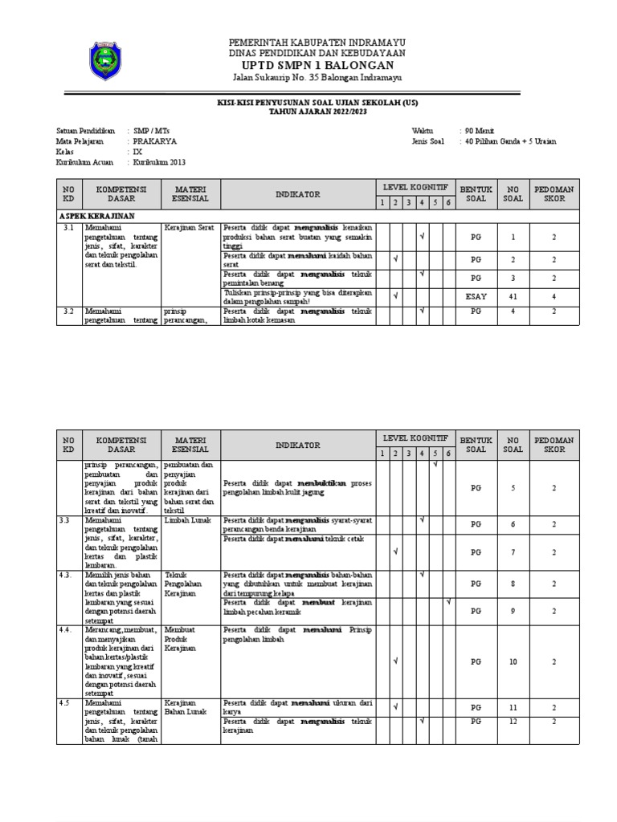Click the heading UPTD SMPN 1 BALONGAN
click(317, 65)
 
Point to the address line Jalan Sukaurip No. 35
click(317, 79)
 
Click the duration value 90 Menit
click(480, 130)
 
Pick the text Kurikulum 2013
click(165, 162)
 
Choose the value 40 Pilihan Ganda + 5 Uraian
click(509, 141)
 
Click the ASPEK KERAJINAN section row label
click(97, 217)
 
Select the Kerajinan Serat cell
click(190, 229)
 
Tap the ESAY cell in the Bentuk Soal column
click(476, 296)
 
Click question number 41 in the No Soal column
click(513, 296)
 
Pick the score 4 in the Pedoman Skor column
click(554, 296)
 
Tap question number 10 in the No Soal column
click(513, 661)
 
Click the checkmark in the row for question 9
click(448, 602)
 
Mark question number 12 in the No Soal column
click(513, 721)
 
